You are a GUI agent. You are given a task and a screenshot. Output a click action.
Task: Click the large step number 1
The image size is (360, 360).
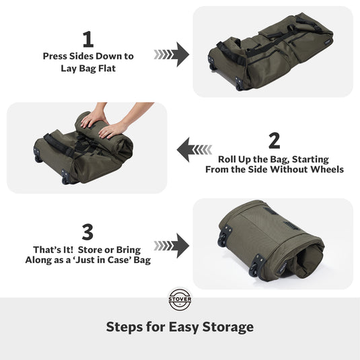pos(87,38)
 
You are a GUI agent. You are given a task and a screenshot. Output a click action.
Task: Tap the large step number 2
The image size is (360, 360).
pos(274,141)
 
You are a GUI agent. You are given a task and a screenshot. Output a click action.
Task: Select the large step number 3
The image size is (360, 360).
pos(87,232)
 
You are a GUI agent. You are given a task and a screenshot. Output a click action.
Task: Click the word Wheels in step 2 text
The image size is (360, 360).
pos(325,170)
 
